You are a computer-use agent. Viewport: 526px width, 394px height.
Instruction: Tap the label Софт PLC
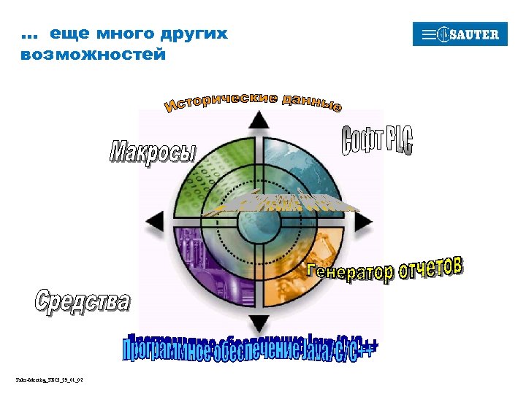pos(377,141)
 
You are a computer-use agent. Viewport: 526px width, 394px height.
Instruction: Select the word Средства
pos(83,301)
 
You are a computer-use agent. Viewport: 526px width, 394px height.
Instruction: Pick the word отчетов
pos(432,268)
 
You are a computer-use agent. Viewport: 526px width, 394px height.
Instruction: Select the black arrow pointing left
pos(156,221)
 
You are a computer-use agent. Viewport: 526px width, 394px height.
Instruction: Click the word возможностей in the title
pos(93,55)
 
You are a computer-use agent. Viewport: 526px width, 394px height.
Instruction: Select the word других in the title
pos(195,34)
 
